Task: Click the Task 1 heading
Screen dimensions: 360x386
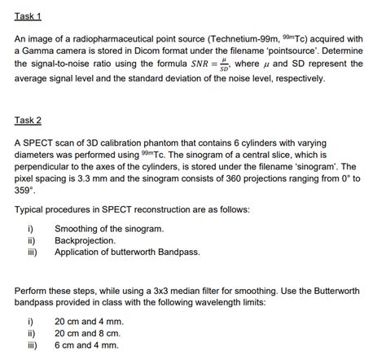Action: [28, 17]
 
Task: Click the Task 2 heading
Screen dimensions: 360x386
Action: [28, 121]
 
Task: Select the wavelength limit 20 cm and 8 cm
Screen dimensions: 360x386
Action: [87, 334]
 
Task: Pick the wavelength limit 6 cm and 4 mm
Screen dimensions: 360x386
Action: [86, 345]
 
